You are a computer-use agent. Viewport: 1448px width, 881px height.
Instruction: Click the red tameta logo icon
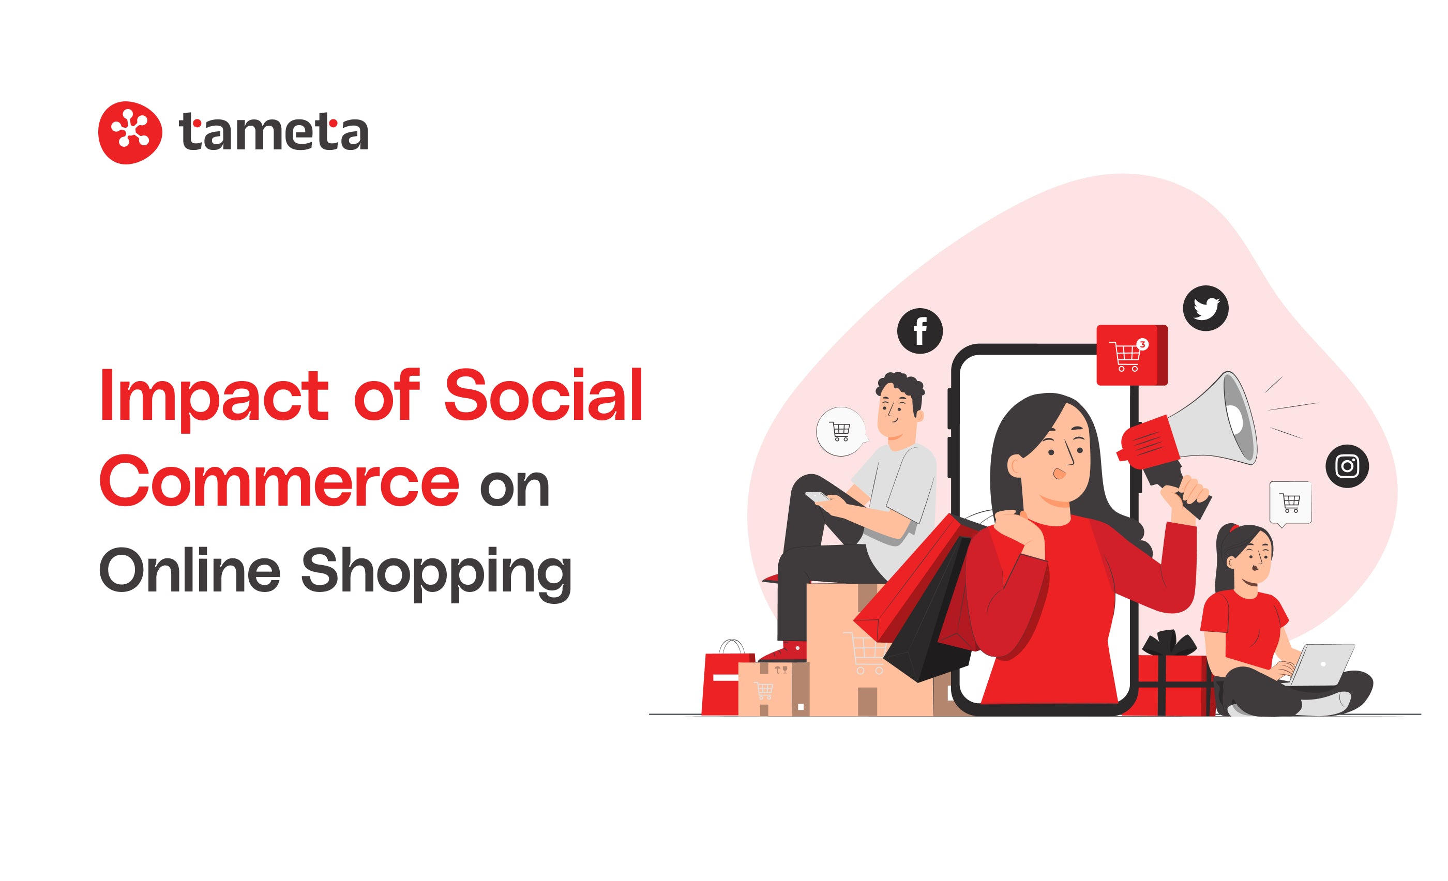coord(130,133)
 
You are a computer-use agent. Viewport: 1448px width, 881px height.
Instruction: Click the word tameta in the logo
coord(273,131)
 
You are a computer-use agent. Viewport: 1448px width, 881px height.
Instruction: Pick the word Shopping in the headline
coord(436,573)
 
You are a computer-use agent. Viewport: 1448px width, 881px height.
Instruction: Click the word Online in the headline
coord(190,569)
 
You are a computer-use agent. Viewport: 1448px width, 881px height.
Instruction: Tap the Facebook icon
coord(919,331)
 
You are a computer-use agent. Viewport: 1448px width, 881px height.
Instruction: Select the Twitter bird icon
coord(1205,308)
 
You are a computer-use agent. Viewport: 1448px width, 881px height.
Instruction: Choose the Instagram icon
coord(1347,466)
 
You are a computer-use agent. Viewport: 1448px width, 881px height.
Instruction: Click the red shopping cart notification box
coord(1132,355)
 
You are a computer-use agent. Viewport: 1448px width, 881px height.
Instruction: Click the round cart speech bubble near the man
coord(841,432)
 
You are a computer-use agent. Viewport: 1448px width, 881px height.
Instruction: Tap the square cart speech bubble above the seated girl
coord(1290,503)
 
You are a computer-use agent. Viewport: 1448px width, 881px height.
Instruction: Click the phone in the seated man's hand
coord(818,497)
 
